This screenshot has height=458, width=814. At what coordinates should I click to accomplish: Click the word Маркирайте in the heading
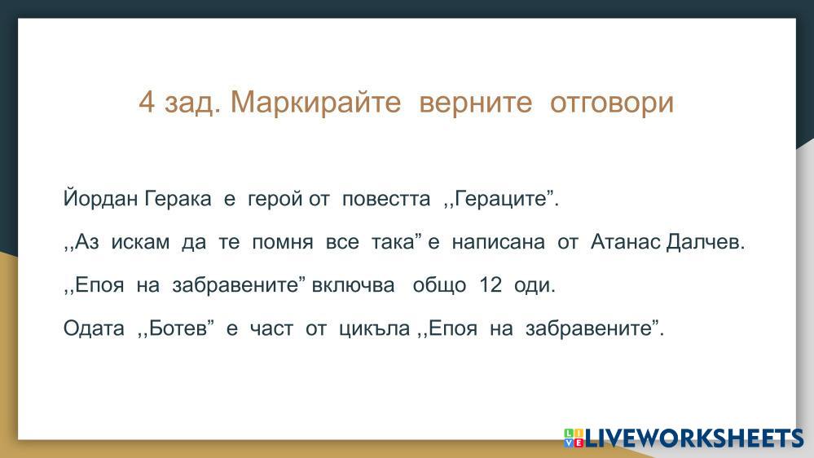315,103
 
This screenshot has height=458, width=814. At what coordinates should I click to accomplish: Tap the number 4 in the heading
147,102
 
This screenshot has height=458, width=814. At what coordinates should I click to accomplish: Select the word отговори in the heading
612,103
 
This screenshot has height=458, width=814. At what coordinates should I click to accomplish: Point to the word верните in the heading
476,103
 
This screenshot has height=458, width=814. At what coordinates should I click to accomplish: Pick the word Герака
178,198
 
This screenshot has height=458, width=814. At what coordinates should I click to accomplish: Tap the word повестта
386,199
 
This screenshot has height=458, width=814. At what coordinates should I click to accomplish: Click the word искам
140,242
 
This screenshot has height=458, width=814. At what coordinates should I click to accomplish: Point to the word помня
283,243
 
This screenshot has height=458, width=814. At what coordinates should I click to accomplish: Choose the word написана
499,243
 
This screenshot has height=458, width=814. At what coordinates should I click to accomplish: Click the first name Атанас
626,241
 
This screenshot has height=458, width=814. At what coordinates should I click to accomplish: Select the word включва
353,285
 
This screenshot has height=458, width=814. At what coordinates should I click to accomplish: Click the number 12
491,284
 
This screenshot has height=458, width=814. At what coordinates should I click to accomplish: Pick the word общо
439,285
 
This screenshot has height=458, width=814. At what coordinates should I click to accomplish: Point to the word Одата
94,328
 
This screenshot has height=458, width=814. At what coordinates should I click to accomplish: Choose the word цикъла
374,328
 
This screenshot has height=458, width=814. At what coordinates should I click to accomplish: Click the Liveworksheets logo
684,438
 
